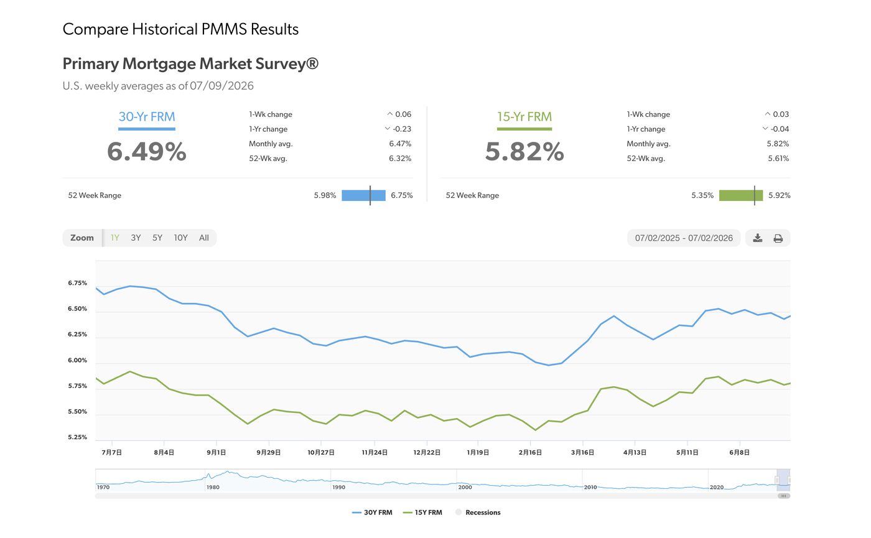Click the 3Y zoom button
coord(136,238)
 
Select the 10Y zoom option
coord(180,238)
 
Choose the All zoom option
coord(204,238)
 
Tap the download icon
coord(758,238)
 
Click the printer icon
coord(778,238)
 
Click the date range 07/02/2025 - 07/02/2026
coord(684,238)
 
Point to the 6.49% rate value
coord(147,151)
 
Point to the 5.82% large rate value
coord(524,151)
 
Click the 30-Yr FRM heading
coord(147,117)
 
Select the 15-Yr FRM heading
coord(524,117)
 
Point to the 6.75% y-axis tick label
coord(77,283)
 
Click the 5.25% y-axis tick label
coord(77,437)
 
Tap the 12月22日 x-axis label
coord(427,453)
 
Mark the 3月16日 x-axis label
coord(582,453)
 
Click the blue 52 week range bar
coord(363,195)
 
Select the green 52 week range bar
coord(741,195)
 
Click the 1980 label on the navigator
coord(213,487)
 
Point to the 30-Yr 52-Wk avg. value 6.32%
coord(400,158)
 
